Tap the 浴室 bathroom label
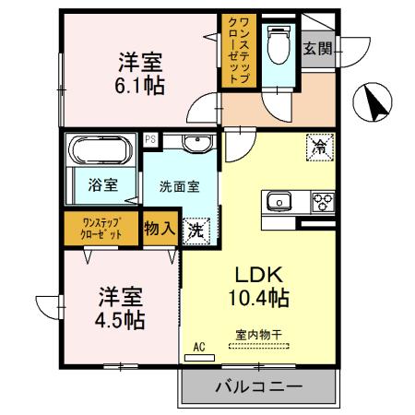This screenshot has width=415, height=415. [x=102, y=184]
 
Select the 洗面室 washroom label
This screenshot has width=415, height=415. [x=179, y=184]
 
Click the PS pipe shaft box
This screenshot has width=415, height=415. [x=150, y=139]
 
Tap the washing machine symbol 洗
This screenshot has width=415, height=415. [x=196, y=231]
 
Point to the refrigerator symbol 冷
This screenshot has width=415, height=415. [x=319, y=146]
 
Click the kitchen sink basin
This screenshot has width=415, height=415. [x=279, y=202]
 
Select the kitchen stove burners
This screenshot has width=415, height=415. [x=323, y=202]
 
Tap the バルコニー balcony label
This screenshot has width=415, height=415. [x=259, y=387]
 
